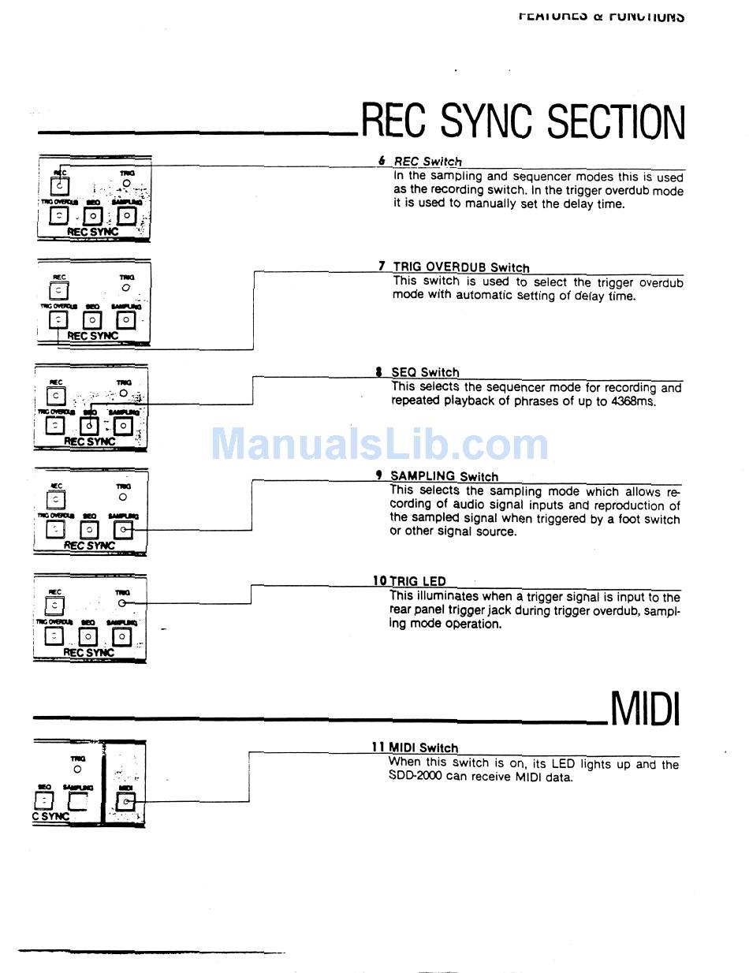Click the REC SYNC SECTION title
tap(523, 122)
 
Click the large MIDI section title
tap(644, 708)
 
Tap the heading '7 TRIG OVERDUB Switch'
tap(453, 267)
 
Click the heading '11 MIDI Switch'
tap(415, 747)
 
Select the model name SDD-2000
tap(415, 777)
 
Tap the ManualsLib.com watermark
tap(379, 444)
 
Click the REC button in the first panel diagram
tap(60, 187)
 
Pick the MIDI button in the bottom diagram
tap(125, 802)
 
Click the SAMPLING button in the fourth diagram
tap(123, 531)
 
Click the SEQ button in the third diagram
tap(89, 426)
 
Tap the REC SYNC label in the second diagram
tap(92, 336)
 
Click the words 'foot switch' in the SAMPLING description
tap(644, 519)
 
